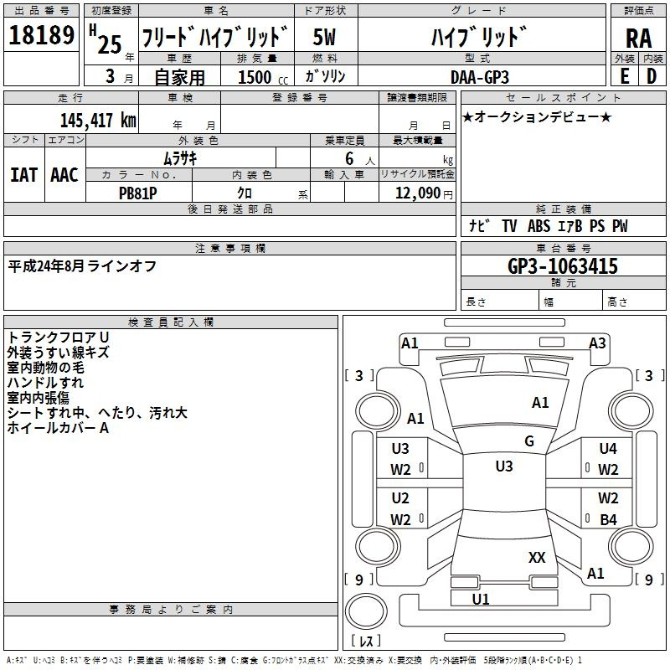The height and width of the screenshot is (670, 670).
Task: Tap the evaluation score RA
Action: (638, 39)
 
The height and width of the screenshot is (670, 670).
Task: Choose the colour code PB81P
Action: (139, 192)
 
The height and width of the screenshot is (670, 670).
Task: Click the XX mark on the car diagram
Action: (537, 557)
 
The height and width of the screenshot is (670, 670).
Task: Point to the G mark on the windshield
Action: (528, 441)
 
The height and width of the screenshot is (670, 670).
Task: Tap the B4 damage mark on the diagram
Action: (608, 519)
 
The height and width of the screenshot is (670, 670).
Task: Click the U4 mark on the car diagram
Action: (608, 449)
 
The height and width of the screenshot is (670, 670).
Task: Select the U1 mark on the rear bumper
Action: (481, 599)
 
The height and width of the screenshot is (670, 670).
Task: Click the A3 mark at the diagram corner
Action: (597, 343)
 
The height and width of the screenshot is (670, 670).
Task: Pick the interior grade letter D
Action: (652, 75)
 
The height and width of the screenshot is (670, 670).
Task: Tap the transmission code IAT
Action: (23, 175)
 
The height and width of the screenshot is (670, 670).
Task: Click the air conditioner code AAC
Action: (64, 175)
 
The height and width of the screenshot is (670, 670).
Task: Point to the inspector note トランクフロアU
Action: (58, 337)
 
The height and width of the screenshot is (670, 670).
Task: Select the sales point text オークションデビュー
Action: (537, 116)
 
